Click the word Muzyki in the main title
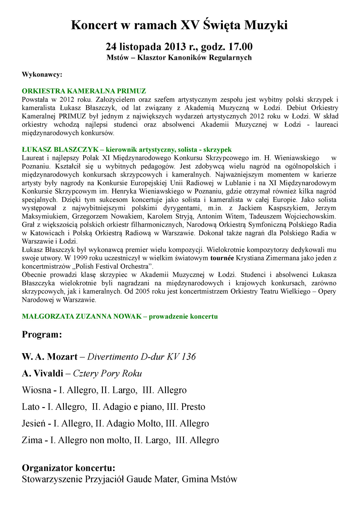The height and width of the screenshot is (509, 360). (x=266, y=25)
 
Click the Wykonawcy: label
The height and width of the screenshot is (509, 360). (x=42, y=74)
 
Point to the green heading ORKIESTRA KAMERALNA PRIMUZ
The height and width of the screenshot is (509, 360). (x=84, y=91)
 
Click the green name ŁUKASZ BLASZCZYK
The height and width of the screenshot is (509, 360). (x=60, y=150)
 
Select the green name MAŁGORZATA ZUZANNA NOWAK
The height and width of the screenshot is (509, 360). (x=82, y=317)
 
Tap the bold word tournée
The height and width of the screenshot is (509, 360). (x=222, y=258)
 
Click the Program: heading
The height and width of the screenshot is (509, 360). (x=42, y=335)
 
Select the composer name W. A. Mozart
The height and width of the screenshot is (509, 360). (x=49, y=357)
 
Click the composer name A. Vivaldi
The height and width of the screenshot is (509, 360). (x=43, y=374)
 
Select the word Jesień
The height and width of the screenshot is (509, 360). (x=34, y=424)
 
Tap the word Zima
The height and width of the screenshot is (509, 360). (x=32, y=440)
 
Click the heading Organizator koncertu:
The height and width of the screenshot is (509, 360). (x=68, y=468)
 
